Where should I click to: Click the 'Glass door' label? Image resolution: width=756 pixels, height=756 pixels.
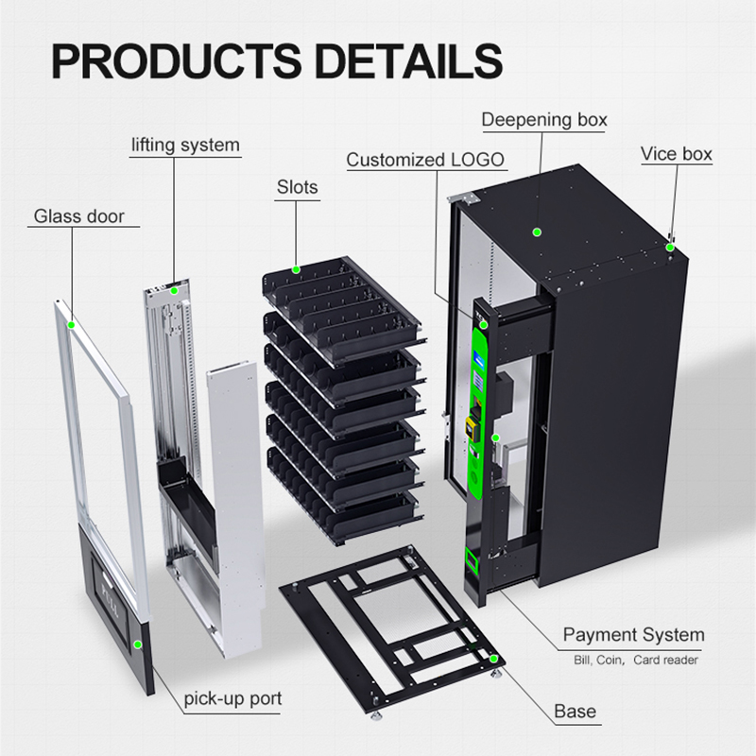pyautogui.click(x=79, y=216)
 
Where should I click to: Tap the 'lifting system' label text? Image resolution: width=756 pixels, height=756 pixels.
pyautogui.click(x=185, y=146)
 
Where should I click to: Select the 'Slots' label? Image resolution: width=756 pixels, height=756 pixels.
pyautogui.click(x=298, y=187)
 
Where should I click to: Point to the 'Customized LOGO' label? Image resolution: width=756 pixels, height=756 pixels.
pyautogui.click(x=425, y=160)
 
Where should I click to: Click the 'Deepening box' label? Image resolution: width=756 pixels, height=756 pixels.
pyautogui.click(x=544, y=120)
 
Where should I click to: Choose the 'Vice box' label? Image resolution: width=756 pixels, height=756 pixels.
pyautogui.click(x=677, y=154)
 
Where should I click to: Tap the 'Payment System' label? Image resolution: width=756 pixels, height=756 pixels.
pyautogui.click(x=633, y=635)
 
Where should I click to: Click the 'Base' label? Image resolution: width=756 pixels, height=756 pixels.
pyautogui.click(x=576, y=712)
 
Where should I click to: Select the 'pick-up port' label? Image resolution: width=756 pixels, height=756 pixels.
pyautogui.click(x=232, y=698)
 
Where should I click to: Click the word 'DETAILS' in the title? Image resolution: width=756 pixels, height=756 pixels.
pyautogui.click(x=409, y=61)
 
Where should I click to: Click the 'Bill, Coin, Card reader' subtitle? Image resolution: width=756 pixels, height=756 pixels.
pyautogui.click(x=636, y=660)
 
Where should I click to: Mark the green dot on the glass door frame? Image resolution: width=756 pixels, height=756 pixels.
pyautogui.click(x=72, y=325)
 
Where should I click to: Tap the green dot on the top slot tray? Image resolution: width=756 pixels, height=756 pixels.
pyautogui.click(x=296, y=269)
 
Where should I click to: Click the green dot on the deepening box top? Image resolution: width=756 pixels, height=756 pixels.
pyautogui.click(x=537, y=232)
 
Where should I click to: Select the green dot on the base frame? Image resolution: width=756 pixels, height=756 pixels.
pyautogui.click(x=493, y=659)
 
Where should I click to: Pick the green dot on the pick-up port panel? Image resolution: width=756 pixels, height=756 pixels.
pyautogui.click(x=138, y=644)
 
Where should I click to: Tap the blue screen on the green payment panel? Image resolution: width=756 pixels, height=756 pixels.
pyautogui.click(x=481, y=359)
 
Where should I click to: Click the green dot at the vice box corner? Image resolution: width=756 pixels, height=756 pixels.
pyautogui.click(x=670, y=248)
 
